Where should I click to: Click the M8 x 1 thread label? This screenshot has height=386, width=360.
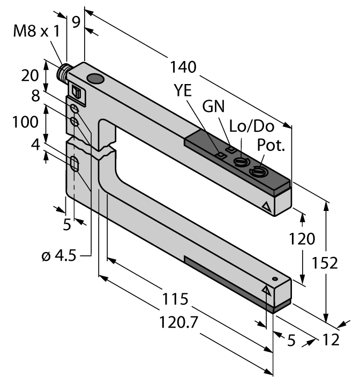point(36,32)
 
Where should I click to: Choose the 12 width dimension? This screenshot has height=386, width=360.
point(332,339)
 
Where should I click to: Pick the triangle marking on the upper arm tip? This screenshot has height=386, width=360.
point(266,206)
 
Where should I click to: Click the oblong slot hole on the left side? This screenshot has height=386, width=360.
point(74,164)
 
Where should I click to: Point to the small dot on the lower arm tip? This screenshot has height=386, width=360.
point(274,279)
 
